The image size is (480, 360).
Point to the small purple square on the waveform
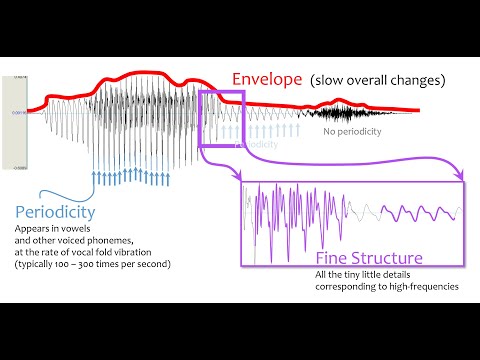click(221, 118)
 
